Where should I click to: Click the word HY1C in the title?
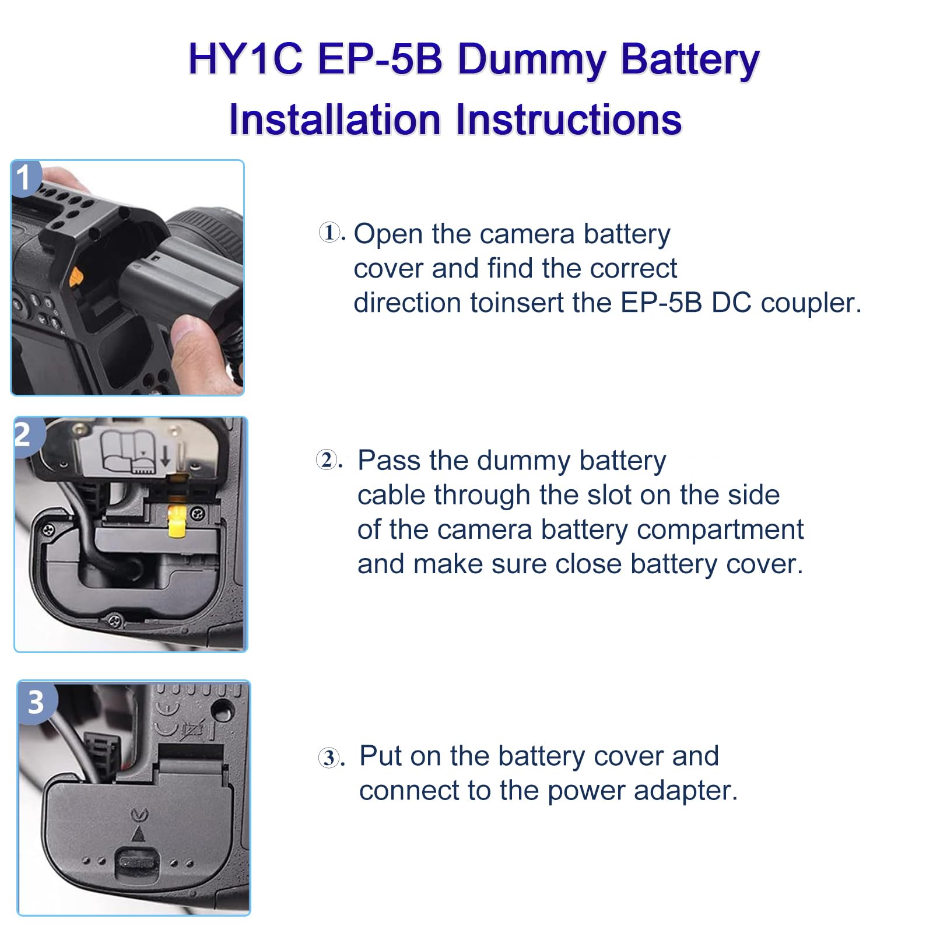click(245, 59)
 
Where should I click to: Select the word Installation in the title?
click(334, 120)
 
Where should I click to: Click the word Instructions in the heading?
click(568, 120)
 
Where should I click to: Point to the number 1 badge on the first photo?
click(23, 178)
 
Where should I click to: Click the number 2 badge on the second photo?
click(23, 435)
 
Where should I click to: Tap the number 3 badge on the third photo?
click(36, 702)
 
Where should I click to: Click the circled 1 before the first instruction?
click(329, 233)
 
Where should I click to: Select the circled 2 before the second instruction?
click(327, 460)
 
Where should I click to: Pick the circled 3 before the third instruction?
click(329, 758)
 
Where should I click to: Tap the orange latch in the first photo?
click(75, 278)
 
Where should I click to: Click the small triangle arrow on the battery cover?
click(138, 834)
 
